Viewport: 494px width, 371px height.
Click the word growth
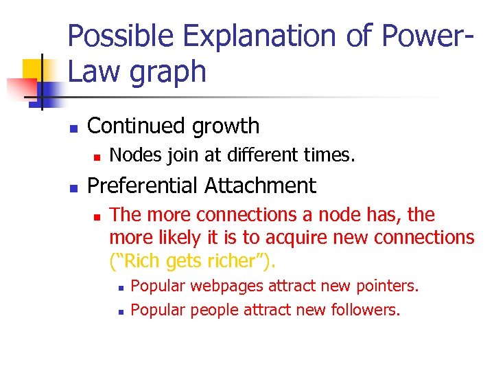point(227,127)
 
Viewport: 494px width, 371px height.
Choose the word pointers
point(388,286)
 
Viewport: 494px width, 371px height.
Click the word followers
point(365,310)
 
